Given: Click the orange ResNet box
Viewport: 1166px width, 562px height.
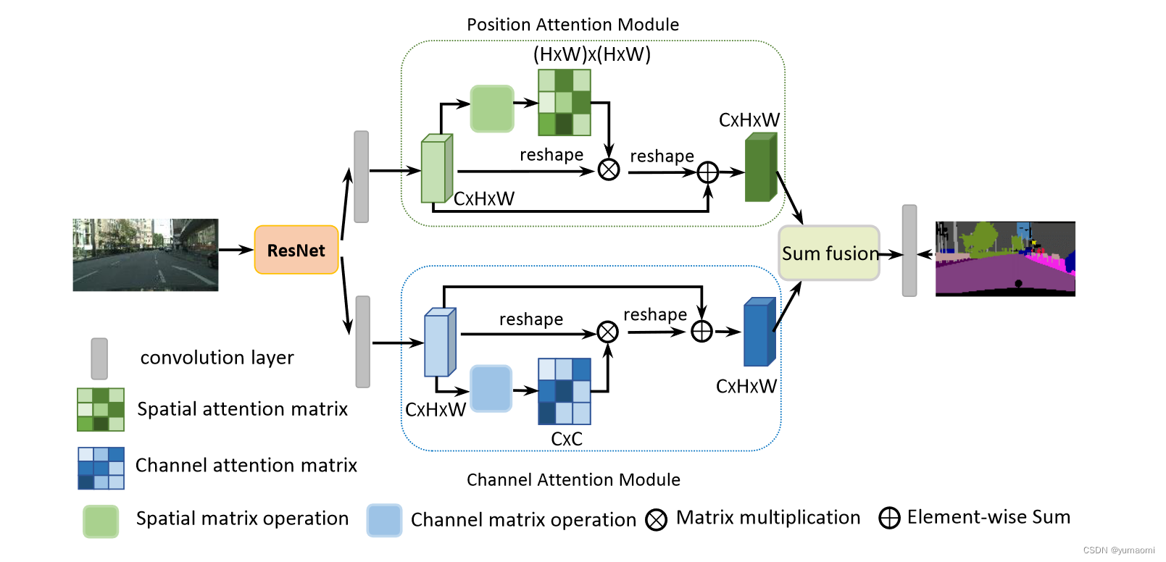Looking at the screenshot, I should click(296, 251).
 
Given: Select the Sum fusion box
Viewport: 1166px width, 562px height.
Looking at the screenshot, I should click(829, 253).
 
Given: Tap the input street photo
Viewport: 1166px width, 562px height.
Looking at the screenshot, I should click(145, 255).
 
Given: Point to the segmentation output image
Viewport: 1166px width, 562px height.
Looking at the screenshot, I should click(1005, 259).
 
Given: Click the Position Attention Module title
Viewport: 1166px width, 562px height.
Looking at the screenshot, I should click(572, 25).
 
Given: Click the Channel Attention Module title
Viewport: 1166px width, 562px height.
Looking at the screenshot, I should click(573, 479).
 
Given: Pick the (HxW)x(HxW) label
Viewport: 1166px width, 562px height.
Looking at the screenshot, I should click(592, 54).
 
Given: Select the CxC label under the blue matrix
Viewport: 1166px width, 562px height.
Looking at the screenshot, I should click(566, 439).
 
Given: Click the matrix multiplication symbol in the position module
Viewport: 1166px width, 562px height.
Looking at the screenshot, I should click(609, 170).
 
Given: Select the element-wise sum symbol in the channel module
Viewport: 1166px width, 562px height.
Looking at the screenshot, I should click(701, 332).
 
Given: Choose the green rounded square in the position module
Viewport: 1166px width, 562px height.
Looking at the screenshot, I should click(492, 109).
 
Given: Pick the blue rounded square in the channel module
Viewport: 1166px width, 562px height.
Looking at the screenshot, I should click(491, 388).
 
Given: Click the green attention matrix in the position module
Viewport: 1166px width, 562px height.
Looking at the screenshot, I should click(565, 102).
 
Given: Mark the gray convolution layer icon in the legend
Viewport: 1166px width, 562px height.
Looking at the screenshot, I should click(99, 358).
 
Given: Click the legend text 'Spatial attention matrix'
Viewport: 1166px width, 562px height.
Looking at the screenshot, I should click(242, 409).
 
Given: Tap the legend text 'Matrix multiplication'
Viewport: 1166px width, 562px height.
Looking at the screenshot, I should click(768, 518).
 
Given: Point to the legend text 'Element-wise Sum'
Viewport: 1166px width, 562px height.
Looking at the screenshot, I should click(988, 517).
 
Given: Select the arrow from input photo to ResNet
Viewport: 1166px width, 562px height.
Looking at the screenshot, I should click(236, 250).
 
